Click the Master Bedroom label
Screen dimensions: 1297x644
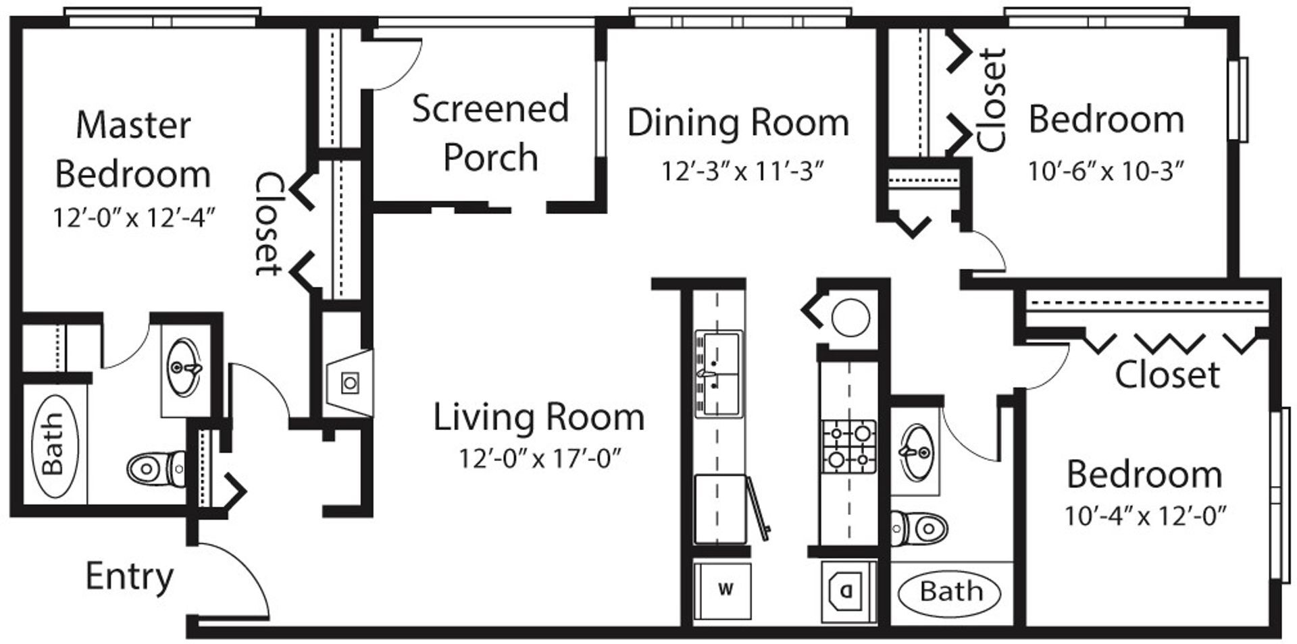[x=133, y=150]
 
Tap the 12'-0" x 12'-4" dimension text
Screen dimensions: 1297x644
[x=134, y=218]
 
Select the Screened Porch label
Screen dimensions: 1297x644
[x=490, y=133]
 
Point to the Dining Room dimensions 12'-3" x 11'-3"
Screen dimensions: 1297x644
[x=742, y=171]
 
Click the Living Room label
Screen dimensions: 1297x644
[x=538, y=417]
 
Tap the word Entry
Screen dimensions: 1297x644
[x=130, y=576]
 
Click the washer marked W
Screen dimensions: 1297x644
[x=725, y=590]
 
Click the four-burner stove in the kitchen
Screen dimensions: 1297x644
[x=848, y=446]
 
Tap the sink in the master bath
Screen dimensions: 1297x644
[x=183, y=368]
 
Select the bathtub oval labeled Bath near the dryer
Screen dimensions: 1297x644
[x=950, y=592]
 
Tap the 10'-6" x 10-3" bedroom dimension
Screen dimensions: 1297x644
[x=1106, y=171]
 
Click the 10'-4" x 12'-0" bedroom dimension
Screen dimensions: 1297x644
[x=1145, y=516]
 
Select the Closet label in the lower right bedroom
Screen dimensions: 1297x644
[x=1167, y=375]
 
